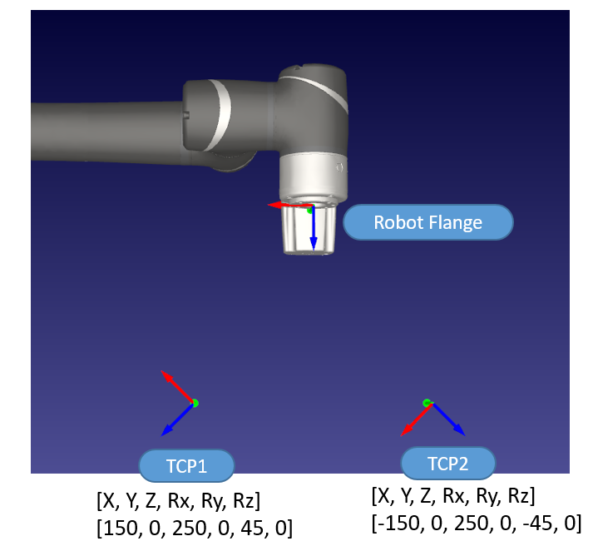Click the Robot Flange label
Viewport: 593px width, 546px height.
pos(428,222)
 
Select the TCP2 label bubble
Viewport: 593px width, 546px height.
pos(448,464)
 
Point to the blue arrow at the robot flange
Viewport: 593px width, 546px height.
pos(314,229)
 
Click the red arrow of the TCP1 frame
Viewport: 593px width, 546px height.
pos(176,386)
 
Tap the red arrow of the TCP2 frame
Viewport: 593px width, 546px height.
pos(413,419)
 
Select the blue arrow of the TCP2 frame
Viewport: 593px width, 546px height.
pos(447,419)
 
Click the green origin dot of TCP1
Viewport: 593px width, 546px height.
pos(195,403)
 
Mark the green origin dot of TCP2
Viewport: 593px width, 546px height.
pos(427,403)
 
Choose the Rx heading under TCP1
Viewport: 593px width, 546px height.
pos(191,501)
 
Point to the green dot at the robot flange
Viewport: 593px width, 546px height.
pos(310,210)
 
